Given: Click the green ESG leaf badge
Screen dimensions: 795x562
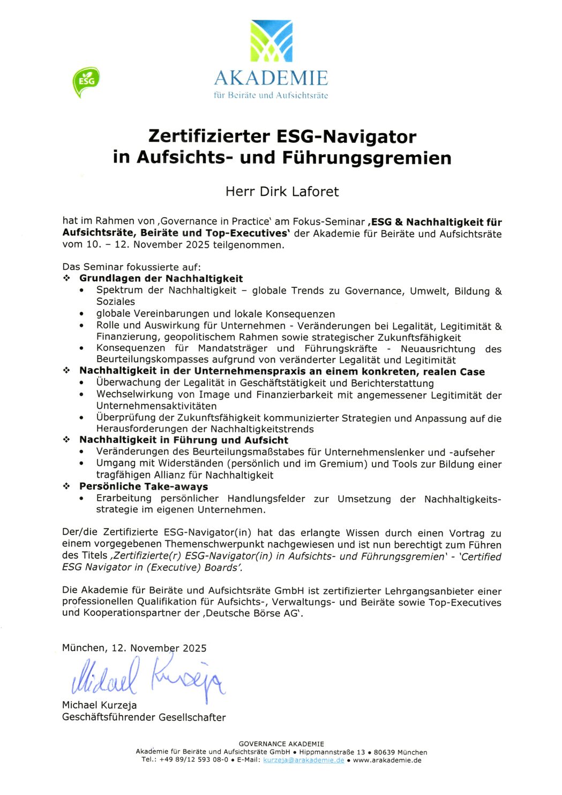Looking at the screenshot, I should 86,81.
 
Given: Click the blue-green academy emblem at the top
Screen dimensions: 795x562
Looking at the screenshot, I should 271,41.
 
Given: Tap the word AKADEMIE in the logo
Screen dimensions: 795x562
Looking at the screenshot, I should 271,78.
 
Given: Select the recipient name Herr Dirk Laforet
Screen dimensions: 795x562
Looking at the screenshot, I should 282,192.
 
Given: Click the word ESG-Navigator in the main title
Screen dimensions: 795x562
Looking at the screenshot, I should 346,136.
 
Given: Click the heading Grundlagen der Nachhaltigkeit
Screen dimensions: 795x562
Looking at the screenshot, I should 161,278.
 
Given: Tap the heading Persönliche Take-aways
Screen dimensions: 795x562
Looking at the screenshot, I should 144,486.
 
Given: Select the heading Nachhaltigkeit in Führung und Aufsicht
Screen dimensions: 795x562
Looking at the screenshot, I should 184,440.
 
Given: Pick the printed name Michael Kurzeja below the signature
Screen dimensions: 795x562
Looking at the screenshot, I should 99,705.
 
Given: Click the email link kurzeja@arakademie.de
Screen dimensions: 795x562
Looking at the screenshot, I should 303,760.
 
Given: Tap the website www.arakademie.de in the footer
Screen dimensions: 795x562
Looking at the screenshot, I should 387,760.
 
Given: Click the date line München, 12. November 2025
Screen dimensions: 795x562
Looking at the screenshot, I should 134,648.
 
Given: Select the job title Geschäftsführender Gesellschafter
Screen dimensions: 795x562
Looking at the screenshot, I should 144,717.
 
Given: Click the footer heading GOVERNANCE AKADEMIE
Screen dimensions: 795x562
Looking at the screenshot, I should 281,744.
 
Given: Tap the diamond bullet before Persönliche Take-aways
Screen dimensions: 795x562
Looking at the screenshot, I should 66,486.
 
